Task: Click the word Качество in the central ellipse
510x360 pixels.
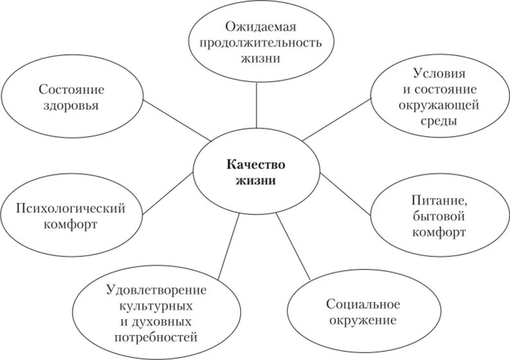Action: click(x=255, y=164)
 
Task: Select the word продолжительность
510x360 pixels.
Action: click(x=256, y=42)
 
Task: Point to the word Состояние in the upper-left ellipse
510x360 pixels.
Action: click(x=71, y=89)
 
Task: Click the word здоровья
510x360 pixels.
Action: click(x=71, y=105)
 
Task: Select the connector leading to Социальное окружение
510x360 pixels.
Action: click(x=294, y=246)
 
